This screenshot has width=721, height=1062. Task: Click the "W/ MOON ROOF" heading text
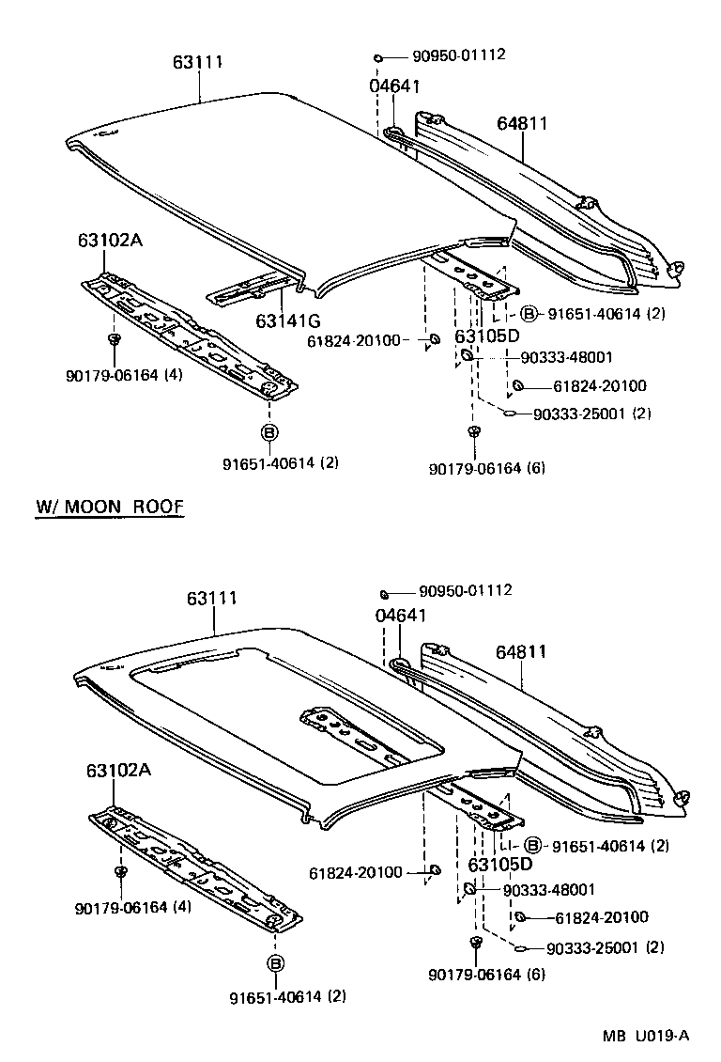point(109,507)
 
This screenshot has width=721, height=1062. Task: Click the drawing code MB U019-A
point(647,1036)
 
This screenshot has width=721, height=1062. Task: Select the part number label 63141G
point(282,320)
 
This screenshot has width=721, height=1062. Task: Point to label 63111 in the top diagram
point(198,62)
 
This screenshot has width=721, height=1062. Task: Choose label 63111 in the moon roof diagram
point(211,599)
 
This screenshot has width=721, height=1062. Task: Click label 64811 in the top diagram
point(522,123)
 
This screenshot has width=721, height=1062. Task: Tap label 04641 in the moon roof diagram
point(401,616)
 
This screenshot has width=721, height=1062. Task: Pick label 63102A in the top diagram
point(110,240)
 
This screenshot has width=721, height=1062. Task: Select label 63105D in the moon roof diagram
point(499,865)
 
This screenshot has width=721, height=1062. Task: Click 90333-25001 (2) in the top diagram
point(591,414)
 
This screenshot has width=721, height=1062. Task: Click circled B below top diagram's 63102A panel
point(268,432)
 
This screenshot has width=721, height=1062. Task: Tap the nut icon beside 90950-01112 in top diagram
point(377,58)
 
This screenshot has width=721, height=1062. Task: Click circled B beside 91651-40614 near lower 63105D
point(532,846)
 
